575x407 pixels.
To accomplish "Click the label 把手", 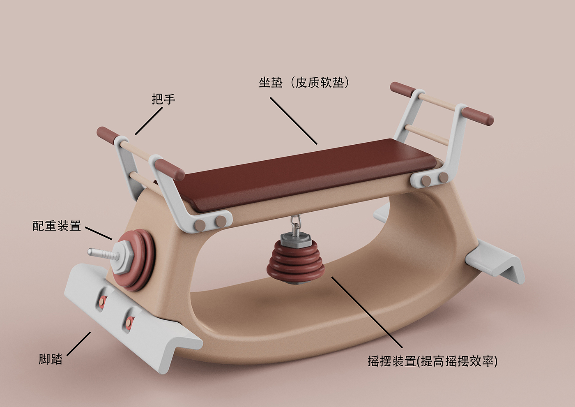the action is pyautogui.click(x=163, y=99).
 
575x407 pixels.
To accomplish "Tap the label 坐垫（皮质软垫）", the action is pyautogui.click(x=304, y=83).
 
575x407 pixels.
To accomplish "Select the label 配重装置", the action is pyautogui.click(x=57, y=226).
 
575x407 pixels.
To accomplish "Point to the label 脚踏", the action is pyautogui.click(x=51, y=359).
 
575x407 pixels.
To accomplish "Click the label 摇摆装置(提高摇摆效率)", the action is pyautogui.click(x=432, y=361).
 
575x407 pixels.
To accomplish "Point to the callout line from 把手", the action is pyautogui.click(x=149, y=121).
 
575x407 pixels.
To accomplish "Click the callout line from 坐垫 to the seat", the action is pyautogui.click(x=293, y=120).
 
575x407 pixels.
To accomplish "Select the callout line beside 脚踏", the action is pyautogui.click(x=78, y=344).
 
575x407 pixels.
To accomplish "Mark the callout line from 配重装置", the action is pyautogui.click(x=99, y=233).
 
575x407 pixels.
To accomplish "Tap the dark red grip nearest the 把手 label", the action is pyautogui.click(x=108, y=135).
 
